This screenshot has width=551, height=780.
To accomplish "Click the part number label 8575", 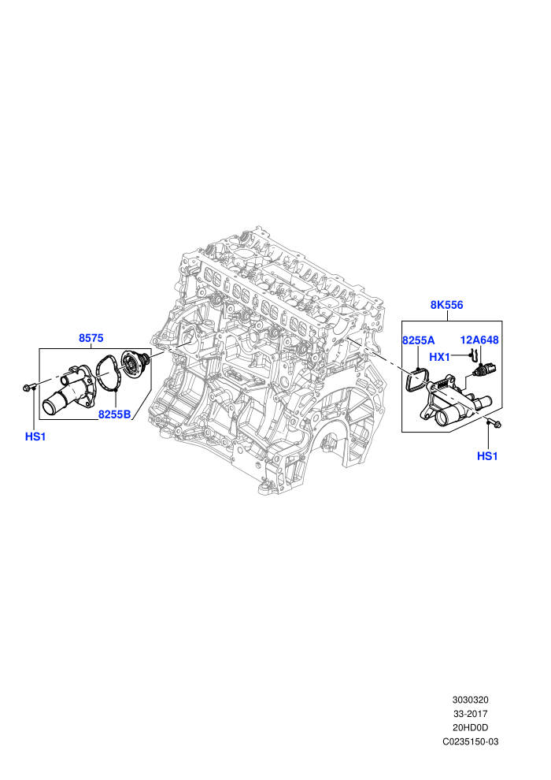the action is [x=91, y=338].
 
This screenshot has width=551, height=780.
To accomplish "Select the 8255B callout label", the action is [x=114, y=414].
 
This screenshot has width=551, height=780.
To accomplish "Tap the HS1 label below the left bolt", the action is [x=35, y=436].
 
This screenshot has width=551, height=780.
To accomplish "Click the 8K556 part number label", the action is [x=446, y=305].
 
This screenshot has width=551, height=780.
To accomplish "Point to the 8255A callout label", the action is [x=418, y=340].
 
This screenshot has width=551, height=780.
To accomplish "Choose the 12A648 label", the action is [x=479, y=340].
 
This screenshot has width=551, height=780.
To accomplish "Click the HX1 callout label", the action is [x=439, y=357].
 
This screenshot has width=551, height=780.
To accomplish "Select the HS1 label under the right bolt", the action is [x=487, y=456].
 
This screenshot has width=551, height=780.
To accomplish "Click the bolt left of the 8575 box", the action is [x=28, y=388].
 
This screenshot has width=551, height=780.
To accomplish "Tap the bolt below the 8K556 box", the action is [x=494, y=423].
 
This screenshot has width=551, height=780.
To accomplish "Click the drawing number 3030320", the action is [x=470, y=700].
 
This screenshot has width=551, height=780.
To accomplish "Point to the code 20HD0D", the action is [x=470, y=728].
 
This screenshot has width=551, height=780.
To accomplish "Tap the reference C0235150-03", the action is [x=470, y=741].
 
